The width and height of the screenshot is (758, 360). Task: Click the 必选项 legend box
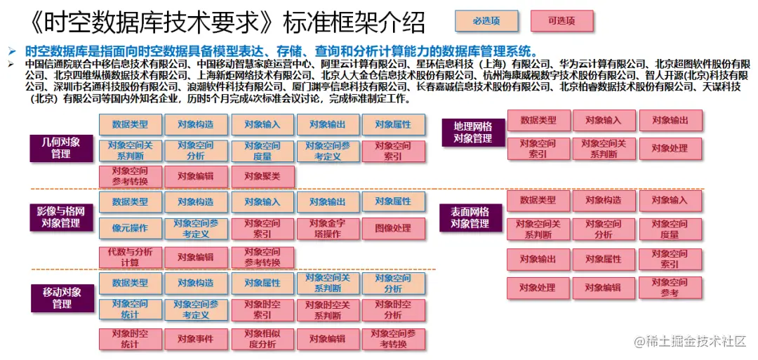486,21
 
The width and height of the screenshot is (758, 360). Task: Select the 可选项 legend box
561,21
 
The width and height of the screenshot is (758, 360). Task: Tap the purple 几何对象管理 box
60,147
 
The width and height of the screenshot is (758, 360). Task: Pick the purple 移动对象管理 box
62,298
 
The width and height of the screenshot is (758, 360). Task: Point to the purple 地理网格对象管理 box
473,133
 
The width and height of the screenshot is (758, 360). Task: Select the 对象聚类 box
262,176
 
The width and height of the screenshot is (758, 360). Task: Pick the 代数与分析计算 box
130,257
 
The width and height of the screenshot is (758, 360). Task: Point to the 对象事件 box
196,339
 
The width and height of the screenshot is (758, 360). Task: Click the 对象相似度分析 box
262,339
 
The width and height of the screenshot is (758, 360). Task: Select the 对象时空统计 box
130,339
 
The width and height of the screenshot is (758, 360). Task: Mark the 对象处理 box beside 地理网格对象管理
670,148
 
